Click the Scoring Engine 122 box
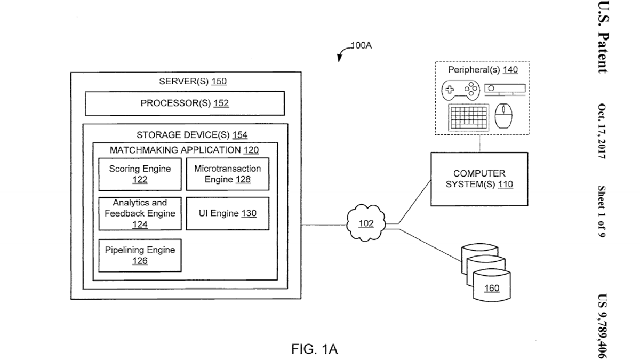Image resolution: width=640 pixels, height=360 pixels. point(140,174)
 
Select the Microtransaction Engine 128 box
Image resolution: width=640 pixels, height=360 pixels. point(228,174)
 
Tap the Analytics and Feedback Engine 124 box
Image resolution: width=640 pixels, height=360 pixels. point(140,214)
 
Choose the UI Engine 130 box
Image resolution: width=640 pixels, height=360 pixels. point(228,213)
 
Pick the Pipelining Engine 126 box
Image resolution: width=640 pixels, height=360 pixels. point(140,255)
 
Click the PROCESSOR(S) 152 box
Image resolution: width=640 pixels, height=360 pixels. point(185,103)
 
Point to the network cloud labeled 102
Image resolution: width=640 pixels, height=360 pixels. point(366,223)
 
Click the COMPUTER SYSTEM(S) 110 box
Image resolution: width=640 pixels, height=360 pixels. point(479,179)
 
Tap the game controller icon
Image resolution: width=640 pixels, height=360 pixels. point(461,91)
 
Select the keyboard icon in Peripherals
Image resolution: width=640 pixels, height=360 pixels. point(469,118)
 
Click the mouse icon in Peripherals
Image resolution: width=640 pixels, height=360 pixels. point(503,116)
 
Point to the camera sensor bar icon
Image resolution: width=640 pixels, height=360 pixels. point(505,90)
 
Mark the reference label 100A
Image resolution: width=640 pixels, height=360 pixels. point(361,45)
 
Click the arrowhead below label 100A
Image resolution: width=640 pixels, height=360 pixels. point(339,58)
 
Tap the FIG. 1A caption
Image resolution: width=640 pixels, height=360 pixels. point(315,349)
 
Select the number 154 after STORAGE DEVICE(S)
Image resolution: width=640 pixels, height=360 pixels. point(239,135)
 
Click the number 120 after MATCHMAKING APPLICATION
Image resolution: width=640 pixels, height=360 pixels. point(251,150)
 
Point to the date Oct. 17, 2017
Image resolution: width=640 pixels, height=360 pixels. point(602,131)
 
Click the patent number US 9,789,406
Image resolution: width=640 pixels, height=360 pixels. point(602,326)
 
